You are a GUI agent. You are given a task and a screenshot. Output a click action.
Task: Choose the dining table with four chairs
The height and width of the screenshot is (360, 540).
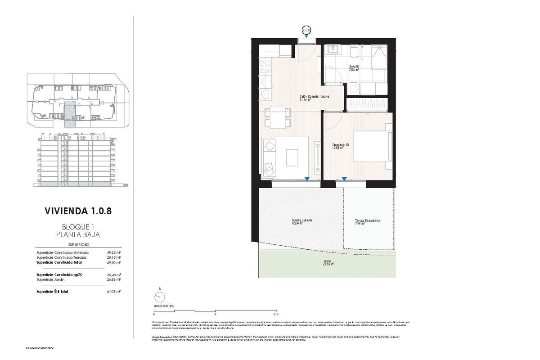pos(277,117)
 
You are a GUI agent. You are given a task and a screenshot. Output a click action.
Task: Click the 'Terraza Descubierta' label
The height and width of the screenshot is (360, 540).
pos(367,220)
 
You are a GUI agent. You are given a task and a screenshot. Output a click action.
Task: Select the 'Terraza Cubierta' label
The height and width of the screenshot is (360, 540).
pos(301,220)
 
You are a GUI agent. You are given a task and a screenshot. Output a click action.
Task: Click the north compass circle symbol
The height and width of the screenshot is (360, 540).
pos(158,297)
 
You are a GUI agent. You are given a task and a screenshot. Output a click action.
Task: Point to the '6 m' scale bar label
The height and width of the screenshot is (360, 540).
pos(275,314)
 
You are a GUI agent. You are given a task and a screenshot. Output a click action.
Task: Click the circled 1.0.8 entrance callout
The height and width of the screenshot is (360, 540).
pos(306,31)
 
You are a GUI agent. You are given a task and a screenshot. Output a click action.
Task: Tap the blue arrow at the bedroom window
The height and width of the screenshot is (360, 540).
pos(344,179)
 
